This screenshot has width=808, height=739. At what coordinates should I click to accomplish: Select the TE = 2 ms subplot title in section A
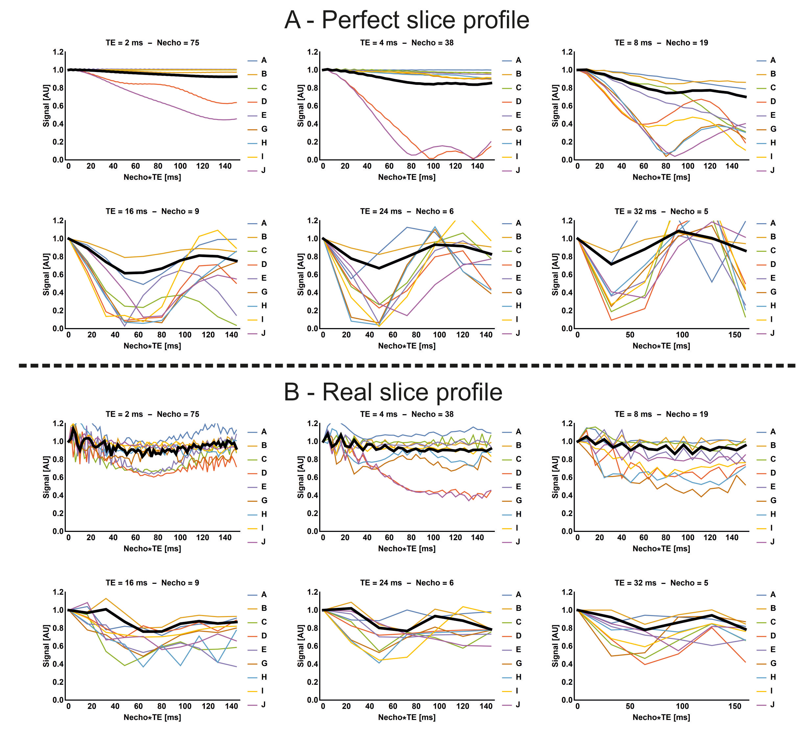pos(152,42)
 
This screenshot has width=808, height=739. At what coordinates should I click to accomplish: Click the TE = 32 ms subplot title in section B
pos(661,583)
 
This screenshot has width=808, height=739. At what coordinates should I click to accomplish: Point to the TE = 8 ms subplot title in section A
pos(661,42)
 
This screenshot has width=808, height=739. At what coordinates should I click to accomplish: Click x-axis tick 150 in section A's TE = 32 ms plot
pos(735,335)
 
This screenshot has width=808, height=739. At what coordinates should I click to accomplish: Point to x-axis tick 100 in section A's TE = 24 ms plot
pos(439,335)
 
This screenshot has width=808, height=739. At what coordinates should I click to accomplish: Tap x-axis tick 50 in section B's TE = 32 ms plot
pos(630,706)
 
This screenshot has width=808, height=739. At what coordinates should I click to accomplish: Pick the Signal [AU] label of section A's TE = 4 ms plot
pos(301,106)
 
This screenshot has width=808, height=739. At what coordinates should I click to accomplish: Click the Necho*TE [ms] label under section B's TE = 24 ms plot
pos(407,717)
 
